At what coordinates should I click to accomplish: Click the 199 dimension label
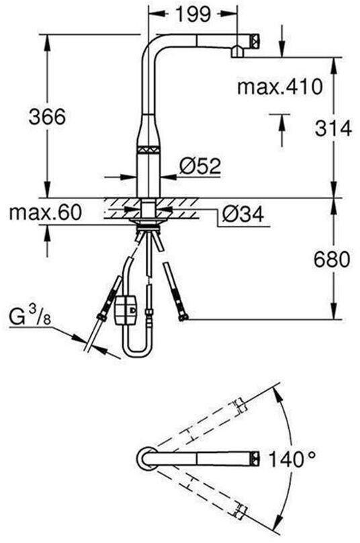(193, 15)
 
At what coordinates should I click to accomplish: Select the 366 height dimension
(47, 117)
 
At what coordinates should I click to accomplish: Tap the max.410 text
(279, 87)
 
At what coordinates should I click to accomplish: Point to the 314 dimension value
(333, 128)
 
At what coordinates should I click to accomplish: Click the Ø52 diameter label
(200, 165)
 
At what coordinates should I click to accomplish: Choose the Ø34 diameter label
(242, 214)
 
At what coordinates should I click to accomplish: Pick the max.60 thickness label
(46, 212)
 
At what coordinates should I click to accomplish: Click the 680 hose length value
(332, 259)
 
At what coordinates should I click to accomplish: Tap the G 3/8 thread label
(30, 317)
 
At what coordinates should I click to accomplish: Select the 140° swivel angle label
(291, 460)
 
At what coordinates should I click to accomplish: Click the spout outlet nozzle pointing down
(238, 52)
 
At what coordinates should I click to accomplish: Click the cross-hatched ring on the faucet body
(150, 149)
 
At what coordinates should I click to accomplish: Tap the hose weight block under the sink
(126, 310)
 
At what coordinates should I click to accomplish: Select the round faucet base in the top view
(148, 460)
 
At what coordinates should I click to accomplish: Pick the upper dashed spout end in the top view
(240, 406)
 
